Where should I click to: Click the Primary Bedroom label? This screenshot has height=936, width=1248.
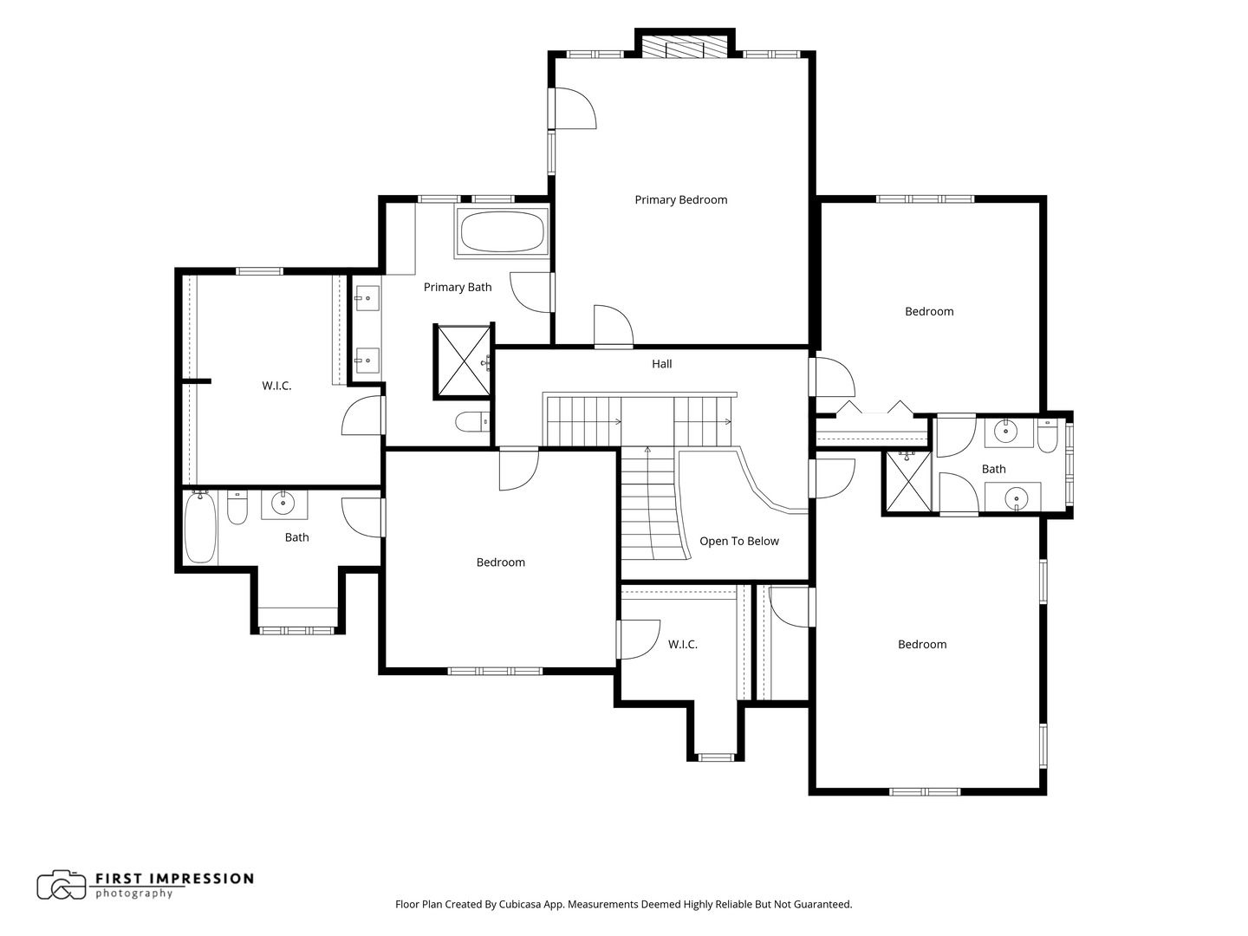[x=680, y=200]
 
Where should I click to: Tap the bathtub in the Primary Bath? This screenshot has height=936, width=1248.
[x=502, y=232]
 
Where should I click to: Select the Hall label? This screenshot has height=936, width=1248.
[x=662, y=364]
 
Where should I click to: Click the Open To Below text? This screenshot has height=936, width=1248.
[x=738, y=541]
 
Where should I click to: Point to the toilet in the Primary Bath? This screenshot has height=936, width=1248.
[x=472, y=422]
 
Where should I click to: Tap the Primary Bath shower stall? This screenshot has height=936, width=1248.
[x=464, y=361]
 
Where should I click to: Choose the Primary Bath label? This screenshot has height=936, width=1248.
[x=458, y=288]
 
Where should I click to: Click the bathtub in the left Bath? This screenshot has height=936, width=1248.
[x=200, y=528]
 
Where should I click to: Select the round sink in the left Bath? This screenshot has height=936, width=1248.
[x=283, y=503]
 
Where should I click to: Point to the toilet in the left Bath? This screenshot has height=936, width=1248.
[x=237, y=507]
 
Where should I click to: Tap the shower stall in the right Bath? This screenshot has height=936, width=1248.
[x=908, y=482]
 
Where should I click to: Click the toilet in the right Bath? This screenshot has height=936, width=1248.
[x=1047, y=436]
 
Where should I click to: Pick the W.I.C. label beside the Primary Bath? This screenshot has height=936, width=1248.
[x=276, y=386]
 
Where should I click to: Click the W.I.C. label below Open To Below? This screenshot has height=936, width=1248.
[x=682, y=645]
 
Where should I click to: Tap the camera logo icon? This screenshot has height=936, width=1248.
[x=62, y=885]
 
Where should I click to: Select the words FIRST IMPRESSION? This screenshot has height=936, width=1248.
[x=174, y=879]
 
